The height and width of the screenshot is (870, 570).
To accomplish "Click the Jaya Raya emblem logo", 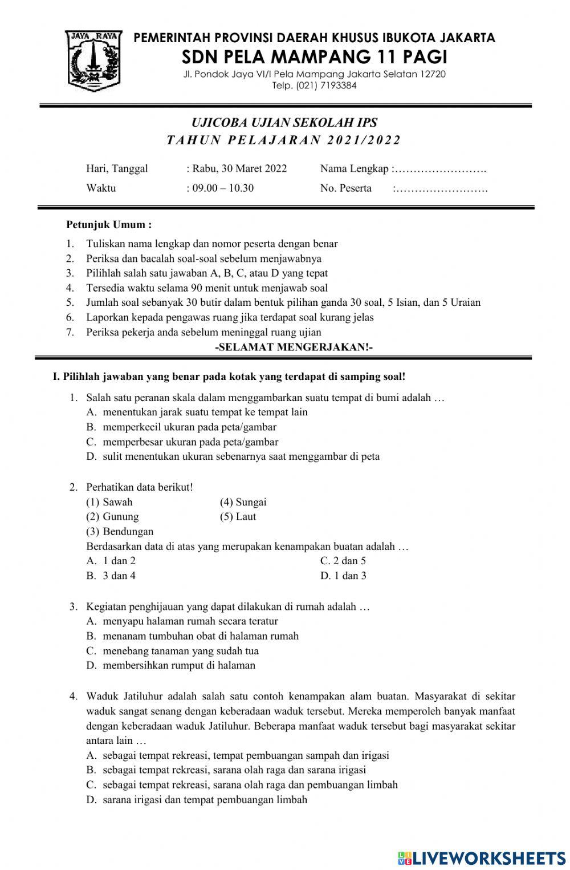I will click(x=93, y=60).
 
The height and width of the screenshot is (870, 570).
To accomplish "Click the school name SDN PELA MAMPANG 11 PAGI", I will click(x=314, y=57).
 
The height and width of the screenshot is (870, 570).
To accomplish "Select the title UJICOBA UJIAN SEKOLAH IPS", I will click(x=284, y=123).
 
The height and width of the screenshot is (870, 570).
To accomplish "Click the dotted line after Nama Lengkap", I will click(x=441, y=169).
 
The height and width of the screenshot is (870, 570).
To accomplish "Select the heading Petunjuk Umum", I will click(x=109, y=225).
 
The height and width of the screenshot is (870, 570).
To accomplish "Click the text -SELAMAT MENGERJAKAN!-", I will click(x=294, y=347).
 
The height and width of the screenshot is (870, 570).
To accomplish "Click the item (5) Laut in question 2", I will click(x=238, y=516).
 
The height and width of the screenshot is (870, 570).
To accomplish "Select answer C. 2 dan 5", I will click(x=343, y=561).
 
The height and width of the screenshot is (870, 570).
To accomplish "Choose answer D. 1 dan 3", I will click(x=343, y=576).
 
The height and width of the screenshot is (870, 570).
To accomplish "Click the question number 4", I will click(x=73, y=696).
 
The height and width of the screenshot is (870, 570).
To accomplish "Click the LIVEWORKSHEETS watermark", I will click(x=482, y=858).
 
